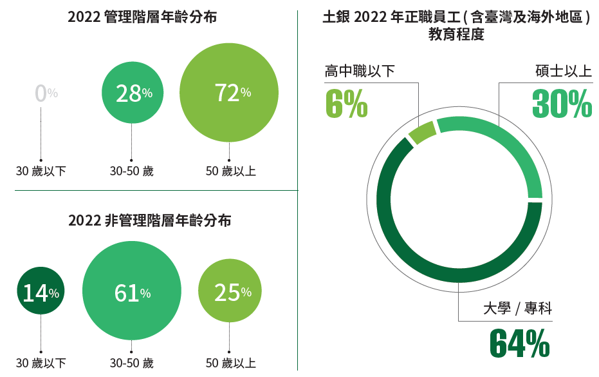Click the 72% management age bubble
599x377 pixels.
click(229, 93)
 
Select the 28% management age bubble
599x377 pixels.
click(131, 94)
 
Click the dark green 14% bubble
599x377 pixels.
click(41, 293)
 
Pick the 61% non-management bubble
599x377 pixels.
click(131, 293)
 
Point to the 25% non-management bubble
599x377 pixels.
click(230, 293)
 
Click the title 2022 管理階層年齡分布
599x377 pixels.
click(142, 17)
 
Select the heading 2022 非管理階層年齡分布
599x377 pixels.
click(150, 220)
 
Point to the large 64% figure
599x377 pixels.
click(520, 343)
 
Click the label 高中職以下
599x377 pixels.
click(360, 71)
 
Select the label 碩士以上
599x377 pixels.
click(564, 71)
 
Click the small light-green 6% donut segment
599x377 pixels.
click(422, 132)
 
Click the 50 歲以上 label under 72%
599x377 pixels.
click(231, 171)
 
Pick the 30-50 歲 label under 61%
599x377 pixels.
click(131, 363)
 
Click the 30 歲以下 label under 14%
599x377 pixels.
click(41, 363)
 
